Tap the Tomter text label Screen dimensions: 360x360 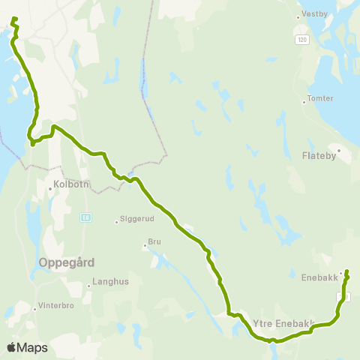316,99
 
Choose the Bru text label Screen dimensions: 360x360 155,243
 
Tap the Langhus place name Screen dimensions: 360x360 106,283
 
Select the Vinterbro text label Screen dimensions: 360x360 57,307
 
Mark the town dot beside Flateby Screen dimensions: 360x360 339,150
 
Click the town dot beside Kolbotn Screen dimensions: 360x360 49,189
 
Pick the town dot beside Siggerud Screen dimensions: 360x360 116,221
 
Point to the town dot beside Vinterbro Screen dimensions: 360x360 34,308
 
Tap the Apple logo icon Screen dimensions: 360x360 13,347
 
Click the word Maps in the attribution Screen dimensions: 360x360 33,347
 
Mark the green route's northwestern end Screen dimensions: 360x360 15,17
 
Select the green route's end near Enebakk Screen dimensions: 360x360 346,271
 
